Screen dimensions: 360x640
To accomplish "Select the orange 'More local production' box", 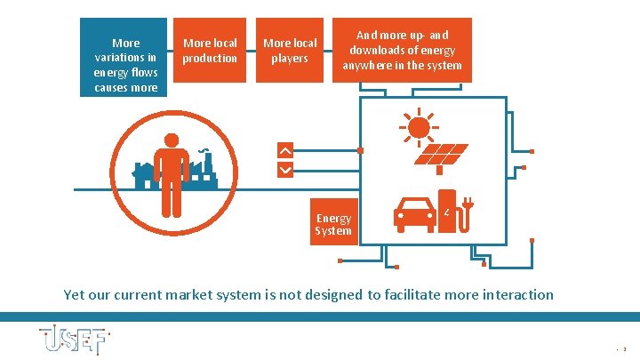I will (210, 51).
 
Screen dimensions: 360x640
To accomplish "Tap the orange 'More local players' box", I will (290, 51).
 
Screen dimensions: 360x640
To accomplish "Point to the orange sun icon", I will (418, 127).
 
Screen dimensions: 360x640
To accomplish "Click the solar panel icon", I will (442, 156).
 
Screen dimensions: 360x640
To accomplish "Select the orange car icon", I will (415, 213).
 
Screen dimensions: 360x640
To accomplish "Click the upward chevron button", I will (284, 149).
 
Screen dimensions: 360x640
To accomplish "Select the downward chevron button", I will (284, 168).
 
